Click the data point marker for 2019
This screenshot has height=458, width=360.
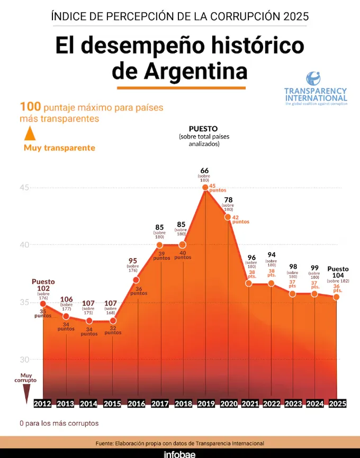click(205, 187)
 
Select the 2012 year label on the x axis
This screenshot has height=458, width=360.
click(42, 404)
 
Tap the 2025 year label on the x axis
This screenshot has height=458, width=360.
click(337, 404)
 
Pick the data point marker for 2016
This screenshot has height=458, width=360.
click(136, 279)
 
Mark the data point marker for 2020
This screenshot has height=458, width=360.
click(228, 217)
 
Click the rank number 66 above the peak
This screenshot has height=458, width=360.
click(204, 170)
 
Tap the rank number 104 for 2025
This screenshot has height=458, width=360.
click(338, 276)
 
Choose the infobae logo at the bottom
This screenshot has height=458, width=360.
click(180, 453)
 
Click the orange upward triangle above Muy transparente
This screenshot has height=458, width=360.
click(30, 132)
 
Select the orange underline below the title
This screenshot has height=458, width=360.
click(181, 87)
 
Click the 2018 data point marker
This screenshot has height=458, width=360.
click(183, 245)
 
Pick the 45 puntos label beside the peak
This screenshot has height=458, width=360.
click(218, 188)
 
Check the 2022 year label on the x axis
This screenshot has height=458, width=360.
click(272, 404)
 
